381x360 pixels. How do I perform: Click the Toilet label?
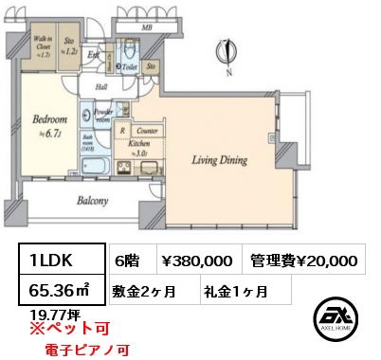(132, 68)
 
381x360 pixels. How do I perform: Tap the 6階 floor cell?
(129, 260)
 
